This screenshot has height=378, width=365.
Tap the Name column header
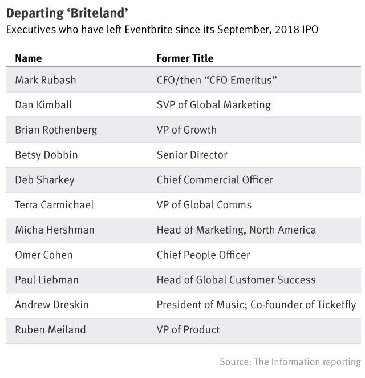[28, 58]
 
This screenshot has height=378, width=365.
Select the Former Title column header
[185, 58]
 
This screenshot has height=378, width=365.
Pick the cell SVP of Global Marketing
[213, 105]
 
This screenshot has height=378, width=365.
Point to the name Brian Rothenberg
[56, 130]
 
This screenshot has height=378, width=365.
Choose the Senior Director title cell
[192, 155]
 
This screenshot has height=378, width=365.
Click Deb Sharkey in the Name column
[44, 180]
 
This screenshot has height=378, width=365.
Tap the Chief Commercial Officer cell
[214, 180]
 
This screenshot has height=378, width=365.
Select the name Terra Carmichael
[54, 205]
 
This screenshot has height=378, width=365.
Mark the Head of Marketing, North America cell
[236, 230]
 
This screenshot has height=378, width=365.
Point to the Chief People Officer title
[203, 255]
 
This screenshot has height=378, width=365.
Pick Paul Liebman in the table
[46, 280]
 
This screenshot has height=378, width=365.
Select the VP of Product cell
[188, 330]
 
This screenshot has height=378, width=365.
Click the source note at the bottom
[290, 362]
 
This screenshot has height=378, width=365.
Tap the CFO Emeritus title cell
[217, 80]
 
